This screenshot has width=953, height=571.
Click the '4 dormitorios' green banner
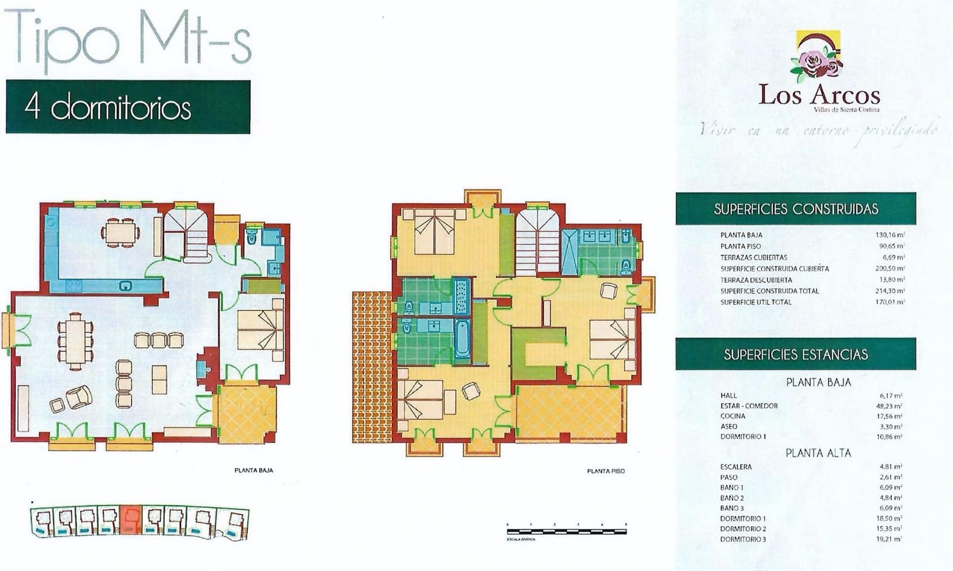tap(127, 107)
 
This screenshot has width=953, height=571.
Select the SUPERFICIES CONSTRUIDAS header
tap(796, 209)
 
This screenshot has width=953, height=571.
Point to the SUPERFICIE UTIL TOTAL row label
tap(756, 302)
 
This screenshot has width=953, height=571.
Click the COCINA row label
tap(733, 416)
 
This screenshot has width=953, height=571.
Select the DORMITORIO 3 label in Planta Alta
tap(743, 539)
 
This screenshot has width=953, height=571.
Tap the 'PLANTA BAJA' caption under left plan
tap(254, 470)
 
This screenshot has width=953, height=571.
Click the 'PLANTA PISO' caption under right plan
tap(606, 471)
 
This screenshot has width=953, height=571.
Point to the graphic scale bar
tap(566, 530)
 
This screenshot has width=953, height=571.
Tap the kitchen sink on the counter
tap(126, 286)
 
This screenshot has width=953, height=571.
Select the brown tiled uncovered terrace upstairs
tap(372, 366)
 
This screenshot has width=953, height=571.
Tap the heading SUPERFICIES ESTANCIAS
tap(796, 355)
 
